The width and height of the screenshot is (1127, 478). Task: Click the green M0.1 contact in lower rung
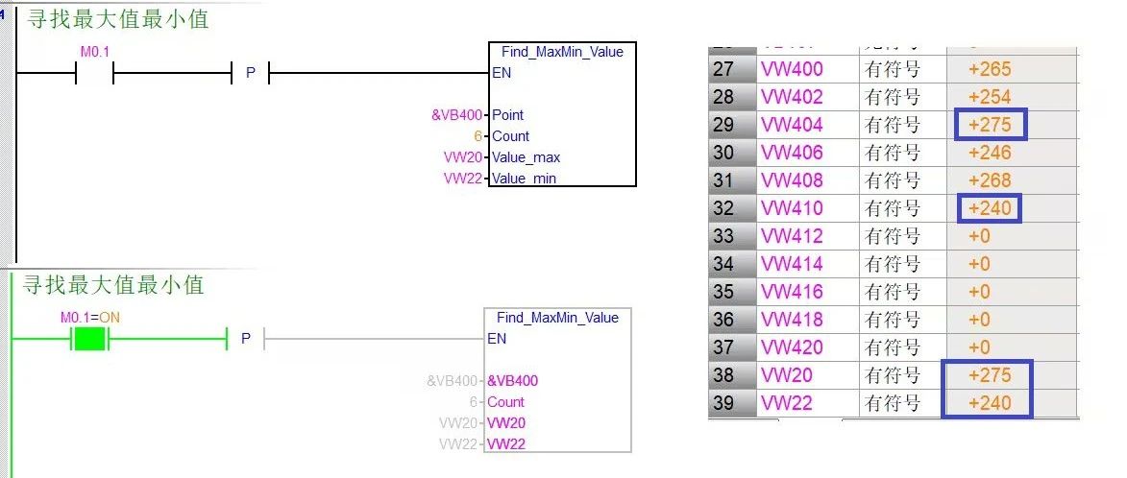pos(89,338)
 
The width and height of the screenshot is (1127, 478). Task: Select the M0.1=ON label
pos(89,317)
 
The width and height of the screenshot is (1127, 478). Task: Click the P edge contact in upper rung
pos(251,73)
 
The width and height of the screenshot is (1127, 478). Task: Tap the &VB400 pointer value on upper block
pos(457,115)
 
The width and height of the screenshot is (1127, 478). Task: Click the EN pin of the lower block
pos(497,339)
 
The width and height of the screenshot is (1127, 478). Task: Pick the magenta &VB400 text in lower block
pos(512,381)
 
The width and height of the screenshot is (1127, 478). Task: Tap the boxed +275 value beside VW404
pos(991,125)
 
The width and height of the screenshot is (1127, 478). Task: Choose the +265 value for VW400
pos(990,70)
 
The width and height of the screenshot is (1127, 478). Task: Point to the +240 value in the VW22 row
pos(990,403)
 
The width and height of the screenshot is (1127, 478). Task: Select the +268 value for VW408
pos(990,180)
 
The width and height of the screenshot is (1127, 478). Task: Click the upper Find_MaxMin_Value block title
pos(562,52)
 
